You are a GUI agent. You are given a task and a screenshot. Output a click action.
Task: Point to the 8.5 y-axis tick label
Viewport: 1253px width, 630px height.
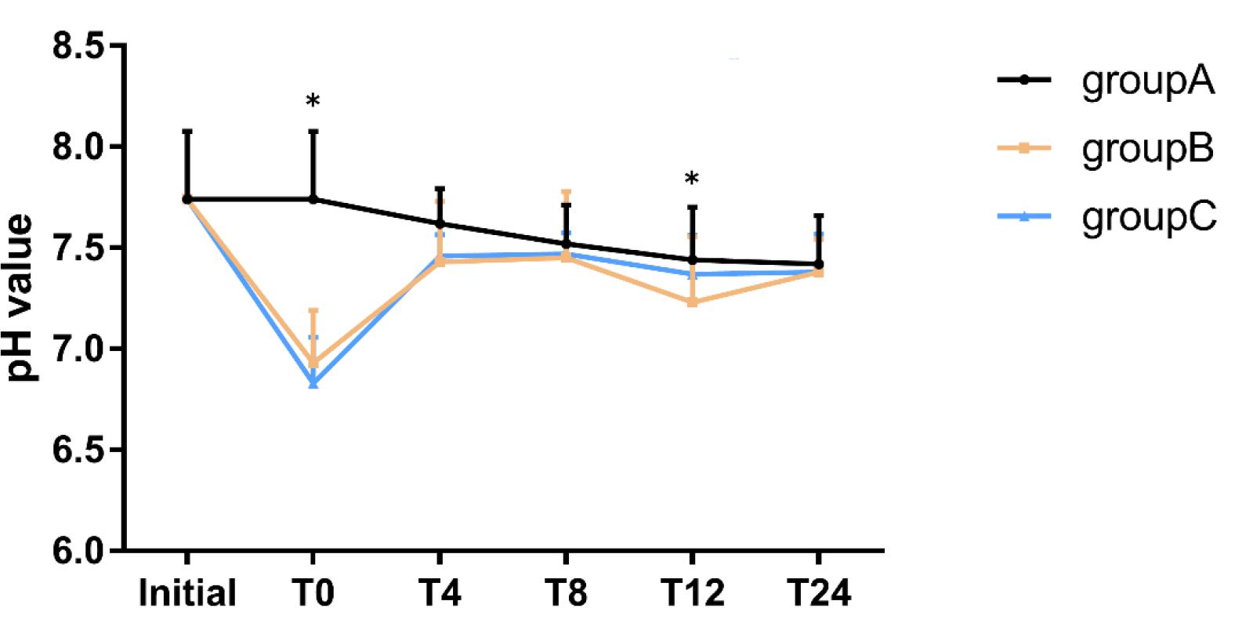tap(78, 47)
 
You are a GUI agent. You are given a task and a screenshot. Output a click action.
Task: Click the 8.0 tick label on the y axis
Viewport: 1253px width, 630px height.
tap(78, 147)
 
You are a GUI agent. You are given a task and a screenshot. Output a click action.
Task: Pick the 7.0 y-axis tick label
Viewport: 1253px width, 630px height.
tap(78, 349)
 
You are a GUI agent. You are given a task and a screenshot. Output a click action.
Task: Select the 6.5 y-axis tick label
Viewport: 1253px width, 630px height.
tap(78, 450)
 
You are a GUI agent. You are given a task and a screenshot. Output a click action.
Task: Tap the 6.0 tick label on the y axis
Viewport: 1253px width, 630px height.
tap(78, 550)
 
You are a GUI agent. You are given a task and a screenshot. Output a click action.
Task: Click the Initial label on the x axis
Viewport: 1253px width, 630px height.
tap(187, 593)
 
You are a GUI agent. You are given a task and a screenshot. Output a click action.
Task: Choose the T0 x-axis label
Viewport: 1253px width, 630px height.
tap(313, 593)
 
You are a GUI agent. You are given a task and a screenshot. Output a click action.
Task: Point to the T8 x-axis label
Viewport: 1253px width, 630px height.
tap(566, 593)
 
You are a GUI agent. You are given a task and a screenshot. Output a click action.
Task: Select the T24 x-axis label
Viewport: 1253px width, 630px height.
tap(819, 593)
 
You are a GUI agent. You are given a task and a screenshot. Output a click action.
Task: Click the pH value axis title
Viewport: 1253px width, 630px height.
tap(21, 298)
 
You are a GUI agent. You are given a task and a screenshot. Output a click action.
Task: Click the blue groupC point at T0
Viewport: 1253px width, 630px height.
tap(313, 382)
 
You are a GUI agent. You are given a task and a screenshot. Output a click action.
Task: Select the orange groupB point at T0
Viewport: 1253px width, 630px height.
tap(313, 362)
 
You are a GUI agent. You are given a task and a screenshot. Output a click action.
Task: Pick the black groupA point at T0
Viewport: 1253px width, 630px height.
tap(313, 199)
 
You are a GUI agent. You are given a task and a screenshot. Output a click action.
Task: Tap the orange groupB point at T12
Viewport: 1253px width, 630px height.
tap(692, 302)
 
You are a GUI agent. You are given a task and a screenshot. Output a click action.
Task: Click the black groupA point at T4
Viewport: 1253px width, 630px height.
tap(440, 223)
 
